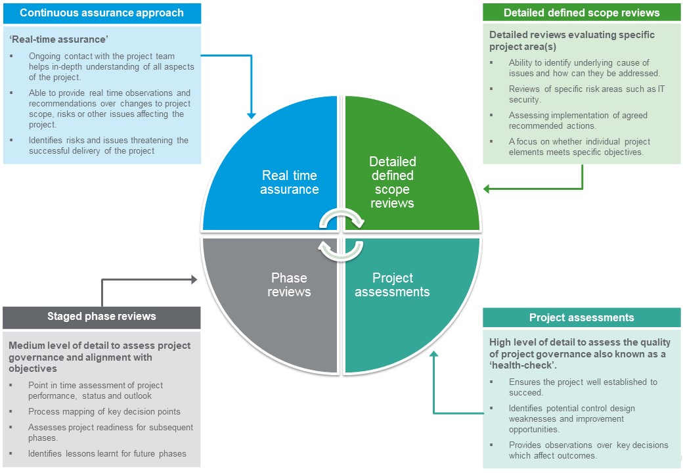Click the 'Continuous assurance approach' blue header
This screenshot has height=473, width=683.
coord(102,13)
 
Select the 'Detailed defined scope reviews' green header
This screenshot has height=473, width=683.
coord(581,13)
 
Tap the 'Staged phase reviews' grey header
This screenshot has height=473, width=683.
coord(102,317)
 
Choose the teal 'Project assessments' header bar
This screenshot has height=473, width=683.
coord(581,318)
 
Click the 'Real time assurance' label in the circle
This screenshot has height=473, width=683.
coord(289,183)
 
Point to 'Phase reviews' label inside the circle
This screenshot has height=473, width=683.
coord(289,284)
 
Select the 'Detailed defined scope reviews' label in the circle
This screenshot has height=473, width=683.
coord(392,182)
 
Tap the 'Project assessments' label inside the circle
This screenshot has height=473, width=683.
coord(392,284)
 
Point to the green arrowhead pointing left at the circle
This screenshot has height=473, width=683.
coord(487,189)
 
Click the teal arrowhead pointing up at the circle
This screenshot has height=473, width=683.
coord(433,356)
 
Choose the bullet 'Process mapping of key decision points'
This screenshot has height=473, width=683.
coord(104,412)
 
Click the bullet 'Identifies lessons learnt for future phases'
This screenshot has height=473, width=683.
coord(107,453)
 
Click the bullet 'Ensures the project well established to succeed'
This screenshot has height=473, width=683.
coord(583,387)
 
